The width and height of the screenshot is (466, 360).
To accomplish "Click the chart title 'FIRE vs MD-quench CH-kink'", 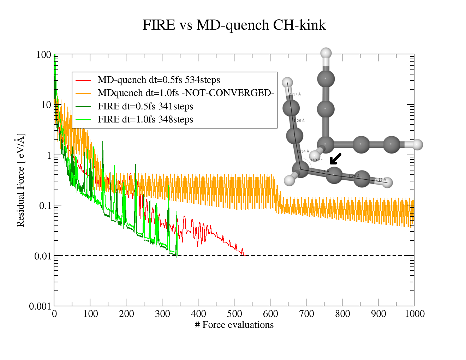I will [x=234, y=25].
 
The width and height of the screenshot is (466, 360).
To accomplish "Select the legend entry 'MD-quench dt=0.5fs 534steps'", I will [x=159, y=80].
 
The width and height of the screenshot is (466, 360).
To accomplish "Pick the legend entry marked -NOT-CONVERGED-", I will [x=186, y=93].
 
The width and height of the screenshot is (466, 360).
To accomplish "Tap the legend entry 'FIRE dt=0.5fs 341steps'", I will [x=145, y=107].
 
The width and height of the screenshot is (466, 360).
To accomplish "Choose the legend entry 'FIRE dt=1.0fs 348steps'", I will [x=145, y=119].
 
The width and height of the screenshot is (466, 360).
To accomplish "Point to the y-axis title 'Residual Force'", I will [x=20, y=180].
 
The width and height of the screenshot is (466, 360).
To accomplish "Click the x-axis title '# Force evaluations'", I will [x=234, y=325].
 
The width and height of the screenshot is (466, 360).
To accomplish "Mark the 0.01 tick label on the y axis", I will [x=43, y=256].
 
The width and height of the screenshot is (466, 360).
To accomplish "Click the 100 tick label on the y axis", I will [x=44, y=55].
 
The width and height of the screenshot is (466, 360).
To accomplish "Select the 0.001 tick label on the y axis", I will [x=40, y=306].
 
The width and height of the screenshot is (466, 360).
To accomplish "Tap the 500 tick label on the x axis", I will [x=234, y=314].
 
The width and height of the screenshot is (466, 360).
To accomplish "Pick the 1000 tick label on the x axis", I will [x=414, y=314].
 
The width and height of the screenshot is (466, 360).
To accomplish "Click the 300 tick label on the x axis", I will [x=162, y=314].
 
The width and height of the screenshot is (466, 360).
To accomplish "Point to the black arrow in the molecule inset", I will [x=335, y=159].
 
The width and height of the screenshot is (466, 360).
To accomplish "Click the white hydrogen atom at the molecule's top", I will [x=326, y=53].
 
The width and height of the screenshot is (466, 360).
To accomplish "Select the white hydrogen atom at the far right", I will [x=418, y=144].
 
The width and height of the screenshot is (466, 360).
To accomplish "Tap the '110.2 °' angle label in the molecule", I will [x=316, y=160].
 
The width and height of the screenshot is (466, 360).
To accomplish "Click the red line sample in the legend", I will [x=83, y=80].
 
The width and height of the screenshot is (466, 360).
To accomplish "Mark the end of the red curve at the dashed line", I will [x=244, y=255].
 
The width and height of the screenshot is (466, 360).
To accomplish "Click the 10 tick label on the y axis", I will [x=46, y=105].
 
